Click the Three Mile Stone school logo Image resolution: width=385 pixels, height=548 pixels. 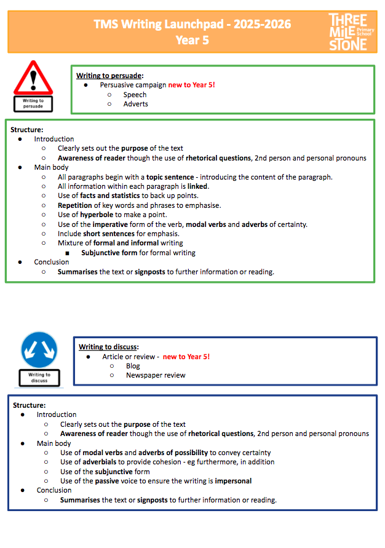pyautogui.click(x=348, y=31)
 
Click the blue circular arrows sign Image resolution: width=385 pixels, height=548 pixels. pyautogui.click(x=39, y=350)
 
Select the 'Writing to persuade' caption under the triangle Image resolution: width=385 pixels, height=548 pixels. pyautogui.click(x=33, y=103)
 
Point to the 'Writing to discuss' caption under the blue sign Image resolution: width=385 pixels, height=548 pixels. pyautogui.click(x=39, y=377)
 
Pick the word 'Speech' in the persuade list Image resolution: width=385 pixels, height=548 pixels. pyautogui.click(x=135, y=95)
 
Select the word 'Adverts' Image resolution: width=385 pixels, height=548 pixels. pyautogui.click(x=135, y=104)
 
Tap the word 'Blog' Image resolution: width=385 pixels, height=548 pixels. pyautogui.click(x=133, y=366)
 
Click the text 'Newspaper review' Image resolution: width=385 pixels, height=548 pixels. pyautogui.click(x=156, y=375)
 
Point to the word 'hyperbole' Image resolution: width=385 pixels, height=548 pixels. pyautogui.click(x=96, y=215)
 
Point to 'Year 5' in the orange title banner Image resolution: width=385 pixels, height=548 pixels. pyautogui.click(x=192, y=40)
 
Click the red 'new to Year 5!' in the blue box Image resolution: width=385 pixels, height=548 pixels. pyautogui.click(x=186, y=357)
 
